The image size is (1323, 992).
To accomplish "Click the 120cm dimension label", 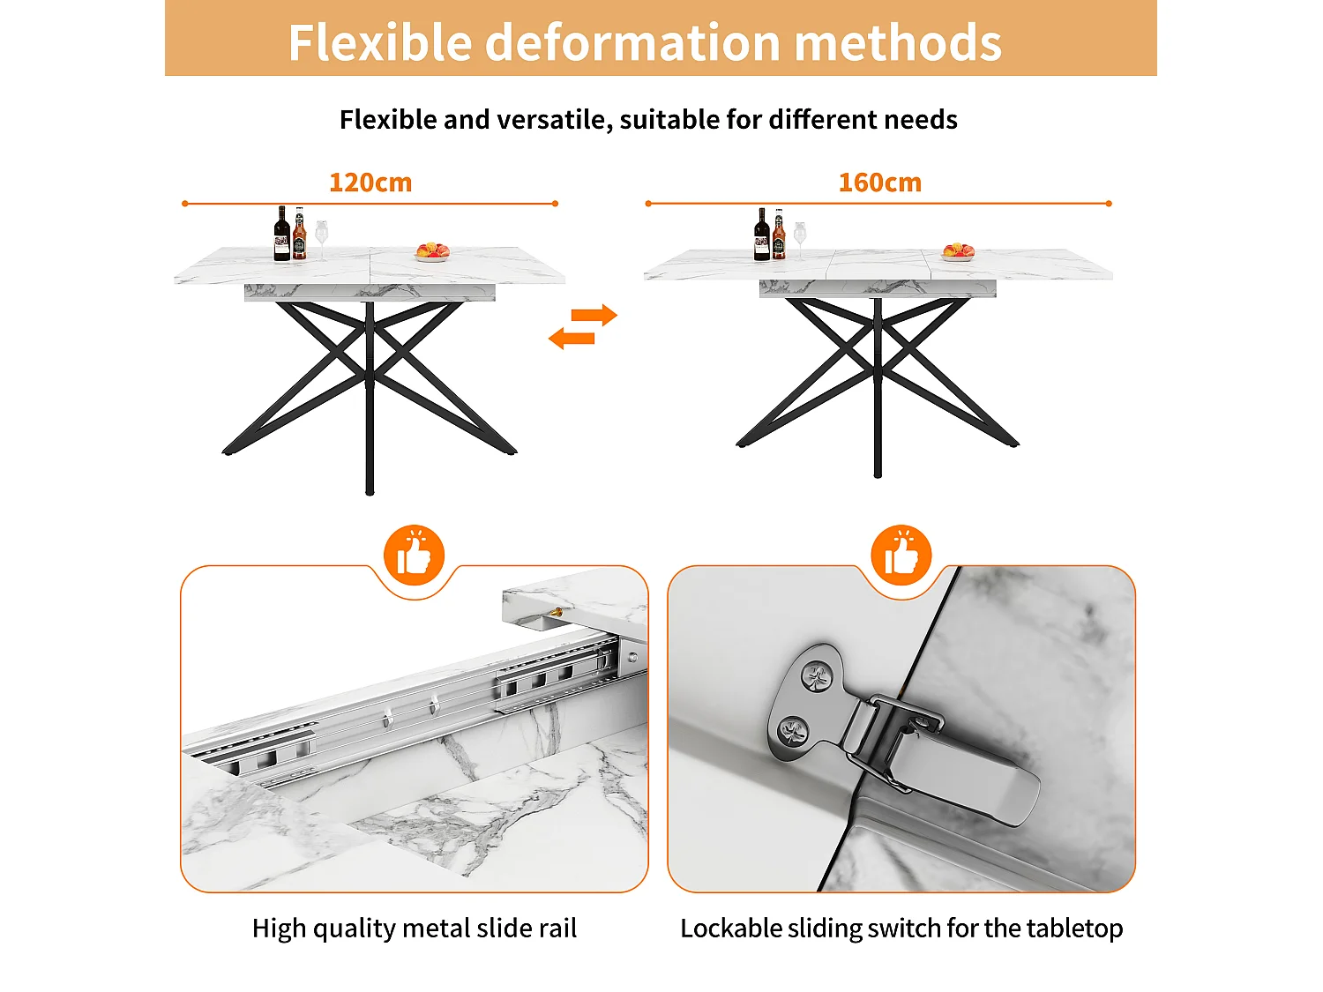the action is (370, 183).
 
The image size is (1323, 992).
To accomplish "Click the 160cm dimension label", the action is (880, 183).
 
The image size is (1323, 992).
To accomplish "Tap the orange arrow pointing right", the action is (594, 315).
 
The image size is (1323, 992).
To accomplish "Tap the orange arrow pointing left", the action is (572, 338).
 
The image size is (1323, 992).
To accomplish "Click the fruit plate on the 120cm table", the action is (433, 252).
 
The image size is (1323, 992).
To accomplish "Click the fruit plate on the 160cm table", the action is (959, 252).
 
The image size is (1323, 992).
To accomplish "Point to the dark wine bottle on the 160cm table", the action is (762, 235).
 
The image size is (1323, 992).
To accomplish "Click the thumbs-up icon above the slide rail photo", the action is (414, 555).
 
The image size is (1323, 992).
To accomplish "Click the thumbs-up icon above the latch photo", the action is (901, 555).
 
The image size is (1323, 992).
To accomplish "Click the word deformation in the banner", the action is (633, 42).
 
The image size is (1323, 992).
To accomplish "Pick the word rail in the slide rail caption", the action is (558, 929).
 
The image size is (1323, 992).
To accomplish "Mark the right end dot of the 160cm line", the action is (1109, 204).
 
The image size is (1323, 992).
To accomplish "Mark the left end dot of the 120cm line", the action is (185, 204).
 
